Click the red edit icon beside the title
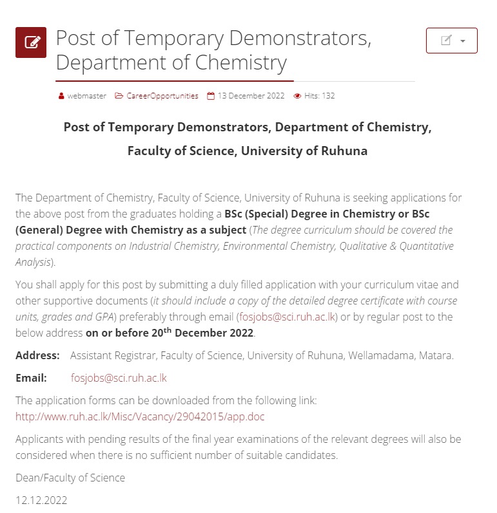[x=31, y=42]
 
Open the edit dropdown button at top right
[x=451, y=41]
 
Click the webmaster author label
[x=86, y=96]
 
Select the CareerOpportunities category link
[x=162, y=96]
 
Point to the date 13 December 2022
[x=251, y=96]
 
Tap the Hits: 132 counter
[x=319, y=96]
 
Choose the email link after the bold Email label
[x=119, y=378]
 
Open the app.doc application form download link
[x=140, y=416]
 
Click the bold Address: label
[x=37, y=355]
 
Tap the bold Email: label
[x=31, y=378]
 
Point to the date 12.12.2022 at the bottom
[x=41, y=500]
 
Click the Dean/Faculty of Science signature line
[x=70, y=478]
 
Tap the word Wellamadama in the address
[x=366, y=355]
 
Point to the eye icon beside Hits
[x=297, y=96]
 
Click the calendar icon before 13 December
[x=210, y=96]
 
